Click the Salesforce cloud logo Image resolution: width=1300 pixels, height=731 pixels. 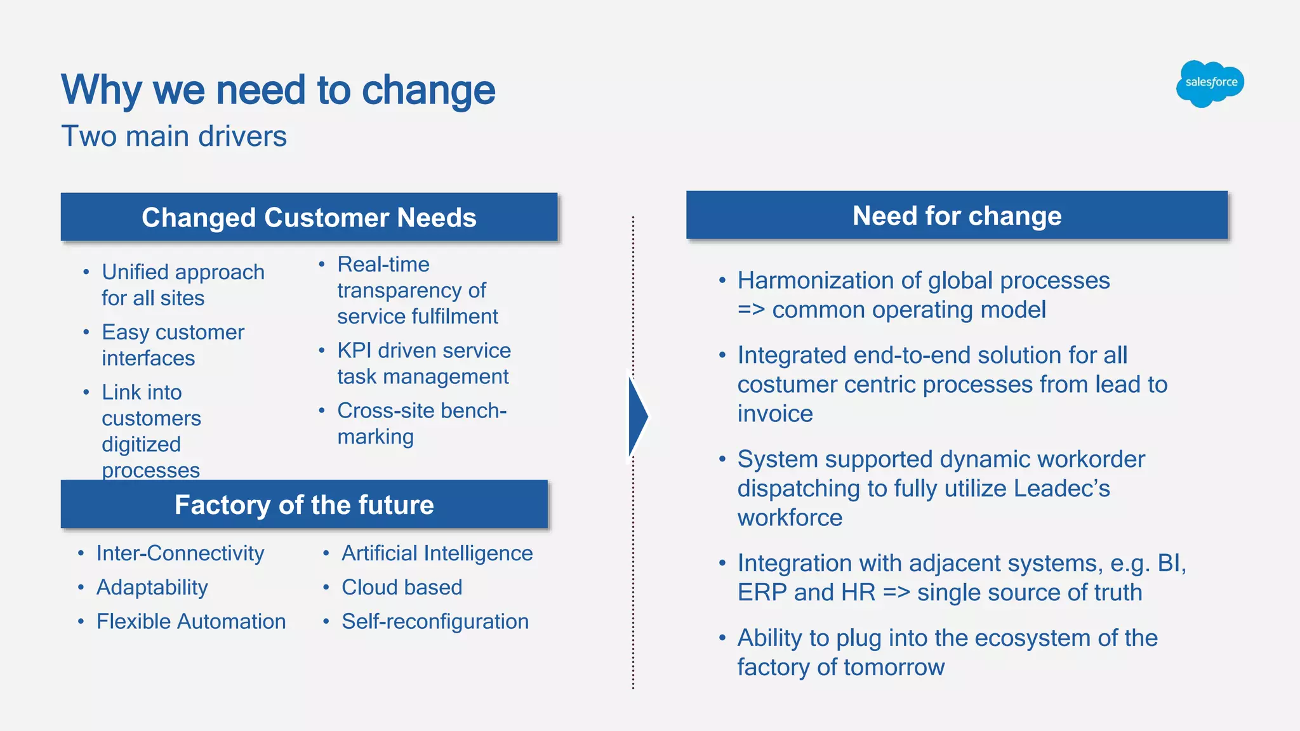(1210, 83)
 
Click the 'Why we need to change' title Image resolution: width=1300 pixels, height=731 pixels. (277, 89)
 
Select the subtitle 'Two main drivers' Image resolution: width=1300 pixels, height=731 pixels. (174, 136)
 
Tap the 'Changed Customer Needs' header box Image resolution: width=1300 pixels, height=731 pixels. (308, 217)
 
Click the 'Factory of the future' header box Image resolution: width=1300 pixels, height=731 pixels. (304, 504)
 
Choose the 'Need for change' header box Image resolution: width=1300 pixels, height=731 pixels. (957, 216)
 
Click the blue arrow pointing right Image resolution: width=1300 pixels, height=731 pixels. (637, 416)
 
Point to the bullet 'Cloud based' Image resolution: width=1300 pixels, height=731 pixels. (401, 587)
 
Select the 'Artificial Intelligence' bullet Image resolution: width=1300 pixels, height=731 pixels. (437, 553)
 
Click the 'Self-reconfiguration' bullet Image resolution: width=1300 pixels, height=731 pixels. (435, 621)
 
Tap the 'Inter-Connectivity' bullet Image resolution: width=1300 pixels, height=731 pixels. (180, 553)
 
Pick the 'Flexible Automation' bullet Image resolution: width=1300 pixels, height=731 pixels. (190, 621)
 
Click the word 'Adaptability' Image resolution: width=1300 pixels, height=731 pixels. (152, 587)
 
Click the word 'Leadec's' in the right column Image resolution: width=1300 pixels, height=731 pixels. (1061, 488)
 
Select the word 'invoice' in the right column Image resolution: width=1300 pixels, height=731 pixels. (774, 414)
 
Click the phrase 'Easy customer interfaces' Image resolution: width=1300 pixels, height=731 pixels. (172, 345)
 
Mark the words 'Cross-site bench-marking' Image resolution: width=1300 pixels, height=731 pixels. (421, 423)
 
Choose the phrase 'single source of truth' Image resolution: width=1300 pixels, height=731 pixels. (1029, 592)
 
